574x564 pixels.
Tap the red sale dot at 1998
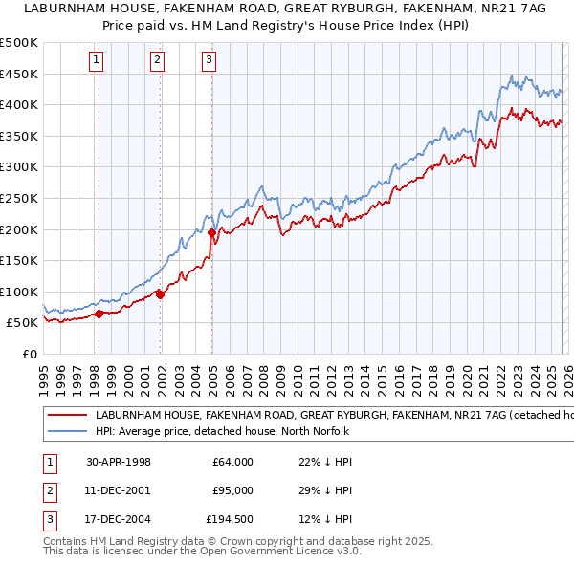click(99, 314)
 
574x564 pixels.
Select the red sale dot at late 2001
click(160, 294)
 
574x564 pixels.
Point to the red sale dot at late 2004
click(211, 232)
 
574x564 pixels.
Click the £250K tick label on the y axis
click(19, 198)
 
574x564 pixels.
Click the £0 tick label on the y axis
click(29, 354)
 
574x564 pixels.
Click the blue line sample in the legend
click(67, 432)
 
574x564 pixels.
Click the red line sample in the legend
click(67, 415)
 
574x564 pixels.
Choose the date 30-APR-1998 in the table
click(118, 462)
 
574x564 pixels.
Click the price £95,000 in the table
click(232, 490)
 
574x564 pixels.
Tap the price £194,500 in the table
click(230, 519)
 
